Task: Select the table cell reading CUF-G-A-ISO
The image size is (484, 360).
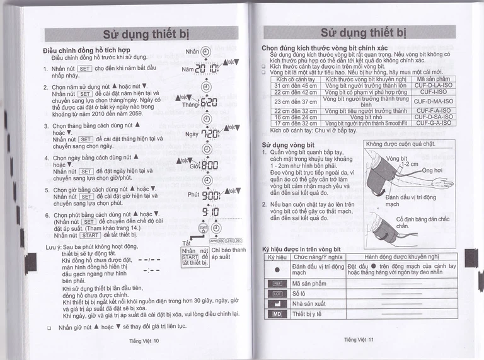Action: coord(433,123)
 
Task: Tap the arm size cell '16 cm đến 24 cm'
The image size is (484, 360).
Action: coord(295,117)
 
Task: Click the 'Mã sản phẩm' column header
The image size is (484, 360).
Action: coord(433,79)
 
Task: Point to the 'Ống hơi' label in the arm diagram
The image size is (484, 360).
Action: coord(432,170)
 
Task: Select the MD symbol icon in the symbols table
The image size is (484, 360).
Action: coord(277,313)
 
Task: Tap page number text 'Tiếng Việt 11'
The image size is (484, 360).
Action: coord(359,340)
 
